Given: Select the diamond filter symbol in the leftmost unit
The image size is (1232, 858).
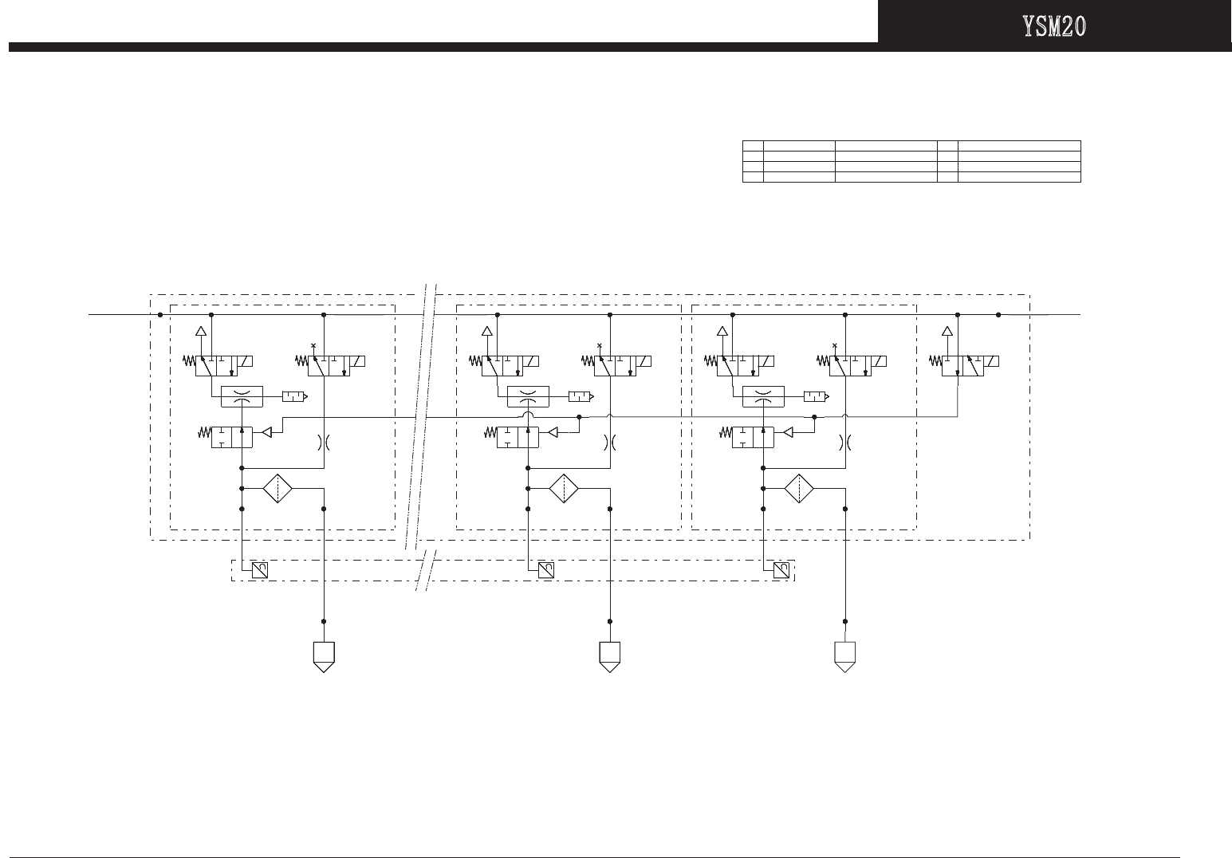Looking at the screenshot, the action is point(277,488).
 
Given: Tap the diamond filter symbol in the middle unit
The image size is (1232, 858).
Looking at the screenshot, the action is point(563,488).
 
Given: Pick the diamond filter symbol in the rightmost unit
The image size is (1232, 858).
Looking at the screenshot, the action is point(799,488).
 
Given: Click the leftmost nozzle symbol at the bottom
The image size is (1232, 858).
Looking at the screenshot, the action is point(323,656).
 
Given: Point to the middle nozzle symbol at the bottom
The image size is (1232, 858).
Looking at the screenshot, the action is point(610,656).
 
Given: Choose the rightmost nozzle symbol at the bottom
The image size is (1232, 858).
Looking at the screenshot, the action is point(845,656).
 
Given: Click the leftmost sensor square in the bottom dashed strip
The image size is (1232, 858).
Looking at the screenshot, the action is point(260,570).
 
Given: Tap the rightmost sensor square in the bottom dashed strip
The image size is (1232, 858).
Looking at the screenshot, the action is point(782,570).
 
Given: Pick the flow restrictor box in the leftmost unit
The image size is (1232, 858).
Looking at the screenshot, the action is point(241,396).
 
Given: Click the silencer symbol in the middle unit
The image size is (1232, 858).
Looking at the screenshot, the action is point(580,396).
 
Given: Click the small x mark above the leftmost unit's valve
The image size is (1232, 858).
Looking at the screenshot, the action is point(313,345).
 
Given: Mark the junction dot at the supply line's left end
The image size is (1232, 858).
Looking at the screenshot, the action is point(160,315).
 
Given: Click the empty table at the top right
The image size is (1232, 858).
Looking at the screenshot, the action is point(911,160).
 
